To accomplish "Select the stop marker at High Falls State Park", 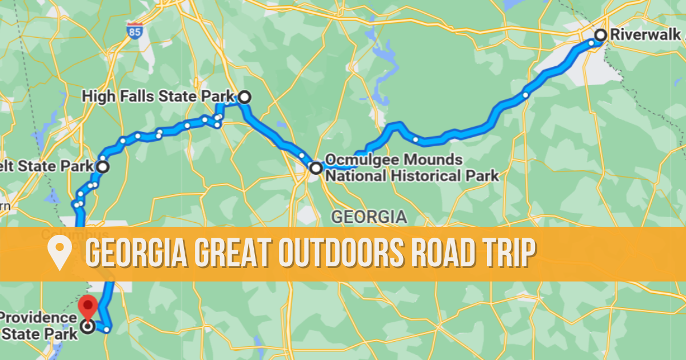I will (244, 97).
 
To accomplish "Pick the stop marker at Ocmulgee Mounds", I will (316, 168).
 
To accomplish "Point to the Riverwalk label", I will (646, 34).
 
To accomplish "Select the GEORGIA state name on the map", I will (369, 217).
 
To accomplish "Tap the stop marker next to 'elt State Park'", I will (102, 167).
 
